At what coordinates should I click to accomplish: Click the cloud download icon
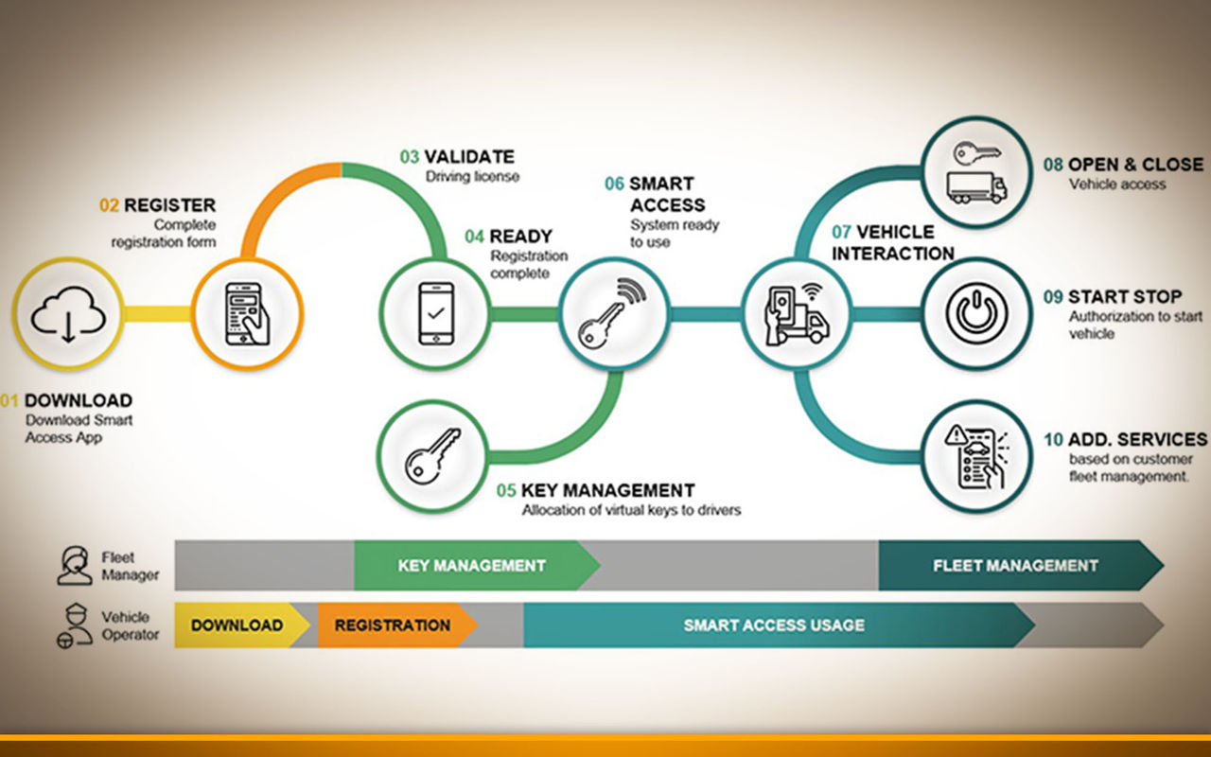tap(68, 314)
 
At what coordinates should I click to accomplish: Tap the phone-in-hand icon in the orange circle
tap(247, 314)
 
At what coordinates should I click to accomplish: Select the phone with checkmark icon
tap(436, 313)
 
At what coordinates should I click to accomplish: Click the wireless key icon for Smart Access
tap(612, 313)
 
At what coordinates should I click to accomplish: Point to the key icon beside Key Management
tap(432, 456)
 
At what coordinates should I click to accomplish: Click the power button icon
tap(976, 313)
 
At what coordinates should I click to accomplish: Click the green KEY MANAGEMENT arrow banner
tap(477, 565)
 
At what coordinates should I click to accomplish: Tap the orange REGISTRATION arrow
tap(397, 625)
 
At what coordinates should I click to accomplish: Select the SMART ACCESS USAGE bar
tap(779, 625)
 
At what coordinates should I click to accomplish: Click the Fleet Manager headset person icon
tap(75, 566)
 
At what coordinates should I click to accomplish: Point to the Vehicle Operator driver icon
tap(75, 625)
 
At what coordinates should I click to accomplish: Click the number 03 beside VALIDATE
tap(410, 157)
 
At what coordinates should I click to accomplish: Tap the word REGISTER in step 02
tap(169, 205)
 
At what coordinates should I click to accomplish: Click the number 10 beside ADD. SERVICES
tap(1053, 440)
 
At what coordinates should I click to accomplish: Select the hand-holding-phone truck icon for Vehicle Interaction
tap(797, 314)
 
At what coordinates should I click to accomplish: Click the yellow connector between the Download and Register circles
tap(157, 313)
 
